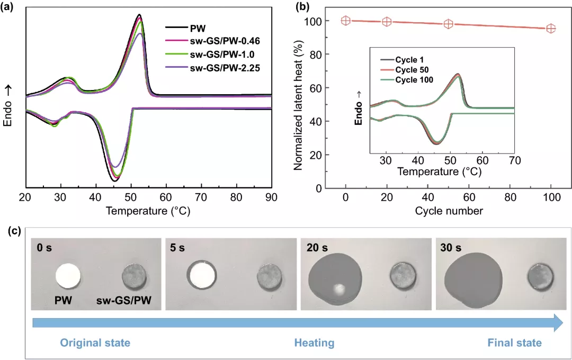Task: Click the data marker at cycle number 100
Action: (x=551, y=28)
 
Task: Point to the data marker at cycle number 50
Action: (x=449, y=24)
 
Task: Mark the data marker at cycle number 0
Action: (x=345, y=21)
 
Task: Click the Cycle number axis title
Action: (x=449, y=211)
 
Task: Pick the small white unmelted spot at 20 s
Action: (x=338, y=289)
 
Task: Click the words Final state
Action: (x=514, y=343)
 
